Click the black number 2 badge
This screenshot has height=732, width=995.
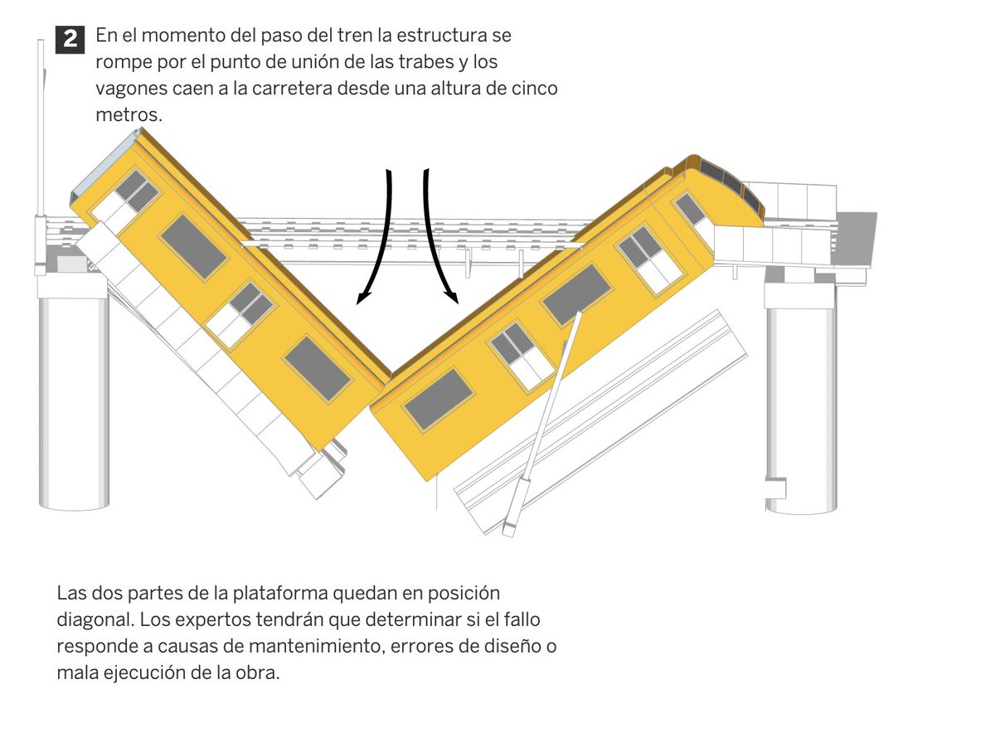pos(70,40)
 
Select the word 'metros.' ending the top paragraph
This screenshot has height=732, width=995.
pos(129,115)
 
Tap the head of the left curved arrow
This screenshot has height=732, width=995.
pos(362,298)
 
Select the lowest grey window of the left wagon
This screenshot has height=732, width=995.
pos(318,369)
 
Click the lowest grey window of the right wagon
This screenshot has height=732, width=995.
pos(439,399)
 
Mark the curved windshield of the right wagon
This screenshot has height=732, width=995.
pos(730,184)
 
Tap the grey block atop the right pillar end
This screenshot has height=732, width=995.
pos(856,239)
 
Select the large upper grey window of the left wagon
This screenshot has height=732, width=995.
pos(194,246)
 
